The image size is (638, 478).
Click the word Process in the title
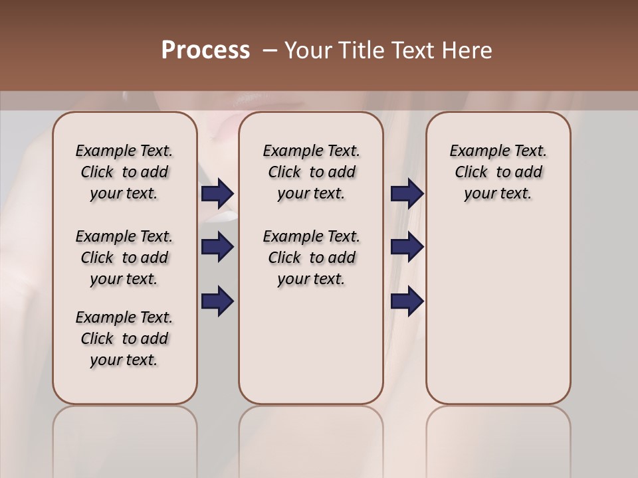[x=205, y=50]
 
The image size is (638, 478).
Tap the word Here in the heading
[x=467, y=50]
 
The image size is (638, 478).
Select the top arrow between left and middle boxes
[x=217, y=193]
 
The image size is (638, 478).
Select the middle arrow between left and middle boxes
[x=217, y=247]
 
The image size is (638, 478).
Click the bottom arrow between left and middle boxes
[x=217, y=301]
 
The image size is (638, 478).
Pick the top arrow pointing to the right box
[x=407, y=193]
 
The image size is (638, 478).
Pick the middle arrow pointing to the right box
[x=407, y=247]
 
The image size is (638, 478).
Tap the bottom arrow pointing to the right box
[x=407, y=301]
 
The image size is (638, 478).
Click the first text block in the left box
[x=124, y=172]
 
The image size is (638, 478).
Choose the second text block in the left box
[x=124, y=258]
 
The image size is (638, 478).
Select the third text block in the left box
[x=124, y=339]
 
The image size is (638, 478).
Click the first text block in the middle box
[x=311, y=172]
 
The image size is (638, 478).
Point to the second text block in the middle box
[x=311, y=258]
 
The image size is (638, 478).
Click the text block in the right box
[x=498, y=172]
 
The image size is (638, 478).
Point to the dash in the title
[x=269, y=50]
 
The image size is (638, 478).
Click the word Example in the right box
[x=475, y=151]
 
